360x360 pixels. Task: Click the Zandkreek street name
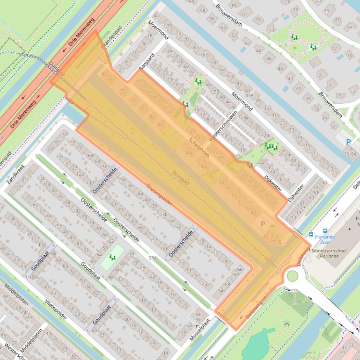coord(15,173)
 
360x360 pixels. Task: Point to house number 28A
coord(153,258)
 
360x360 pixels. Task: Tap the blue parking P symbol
coord(348,142)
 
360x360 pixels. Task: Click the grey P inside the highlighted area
coord(262,224)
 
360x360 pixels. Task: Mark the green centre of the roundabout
coord(292,276)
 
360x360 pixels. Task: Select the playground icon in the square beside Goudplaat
coord(112,257)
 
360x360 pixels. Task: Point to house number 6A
coord(353,153)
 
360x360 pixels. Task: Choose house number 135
coord(60,156)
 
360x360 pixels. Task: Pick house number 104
coord(41,179)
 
